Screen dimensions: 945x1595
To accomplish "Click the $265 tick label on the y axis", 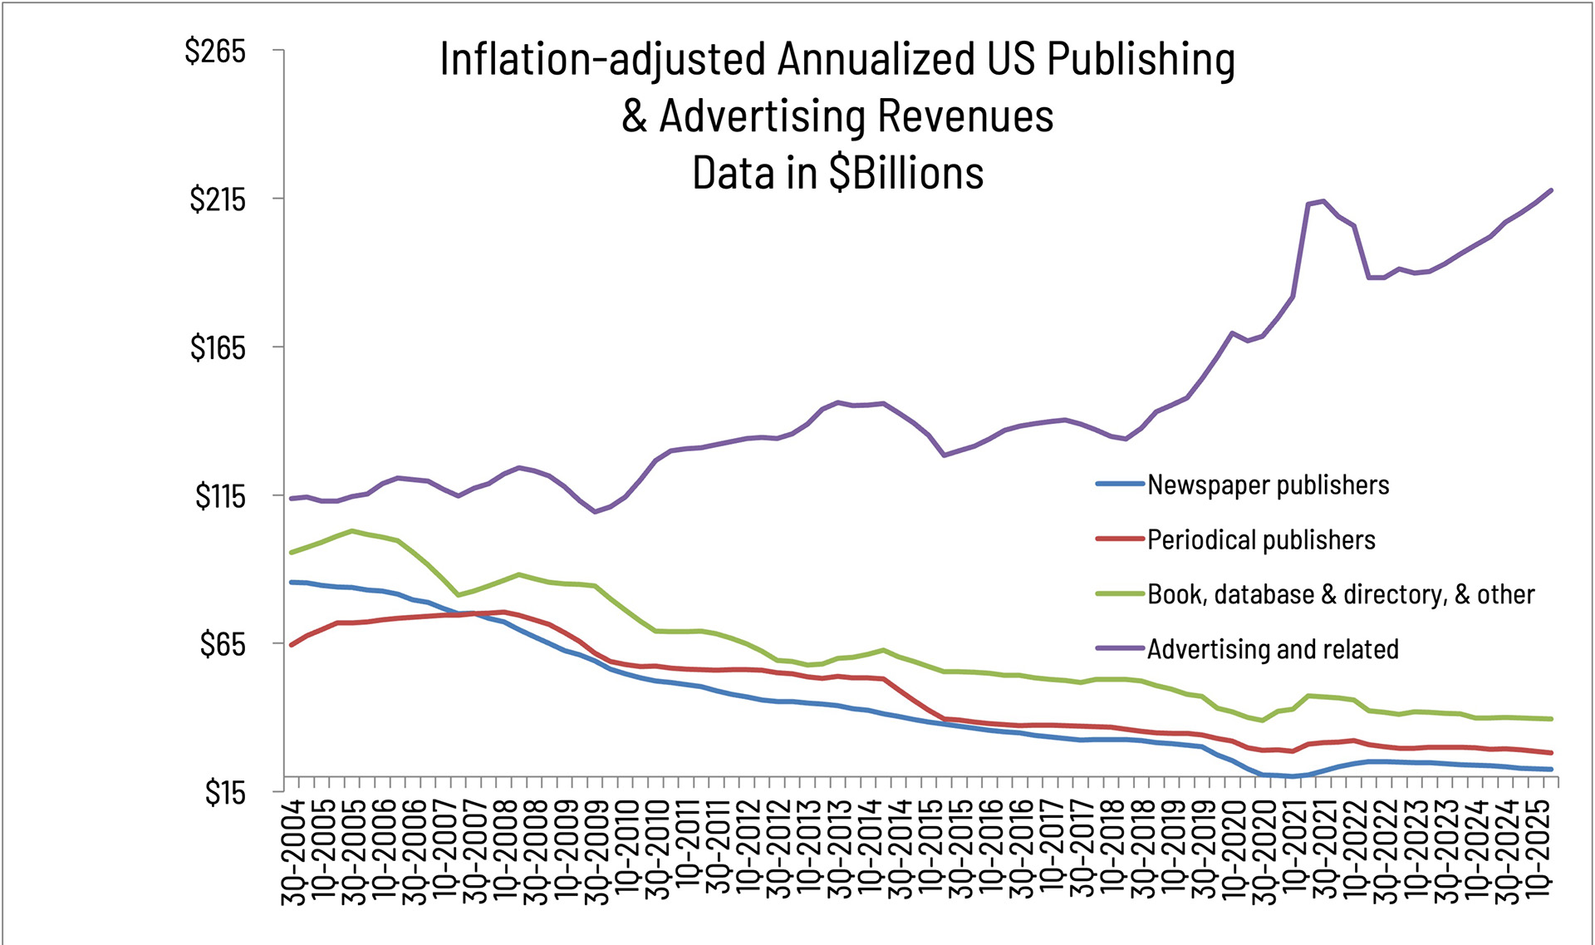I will (215, 52).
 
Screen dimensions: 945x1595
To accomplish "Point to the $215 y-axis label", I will (218, 199).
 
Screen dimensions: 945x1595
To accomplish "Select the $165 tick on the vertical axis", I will (218, 347).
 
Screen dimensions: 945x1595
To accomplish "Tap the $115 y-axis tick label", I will (220, 496).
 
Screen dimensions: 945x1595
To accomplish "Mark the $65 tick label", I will (223, 644).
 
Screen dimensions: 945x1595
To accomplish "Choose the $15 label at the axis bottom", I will (225, 793).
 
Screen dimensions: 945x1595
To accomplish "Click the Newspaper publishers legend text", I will (1268, 485).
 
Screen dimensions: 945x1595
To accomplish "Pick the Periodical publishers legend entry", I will (1261, 539).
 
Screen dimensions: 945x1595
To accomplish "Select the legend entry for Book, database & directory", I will (1341, 594).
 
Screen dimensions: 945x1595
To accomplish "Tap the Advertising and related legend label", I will (1273, 649).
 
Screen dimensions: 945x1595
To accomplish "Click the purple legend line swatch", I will (1120, 649).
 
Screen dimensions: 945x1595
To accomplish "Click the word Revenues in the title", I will (965, 116).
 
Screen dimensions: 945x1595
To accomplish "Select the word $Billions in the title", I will (905, 173).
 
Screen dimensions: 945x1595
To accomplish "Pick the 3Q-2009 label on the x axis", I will (596, 852).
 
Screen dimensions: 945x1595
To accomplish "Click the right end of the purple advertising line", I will (1551, 190).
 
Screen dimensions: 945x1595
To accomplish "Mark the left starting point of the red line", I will (292, 644).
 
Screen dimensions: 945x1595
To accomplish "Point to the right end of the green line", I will (1551, 719).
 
